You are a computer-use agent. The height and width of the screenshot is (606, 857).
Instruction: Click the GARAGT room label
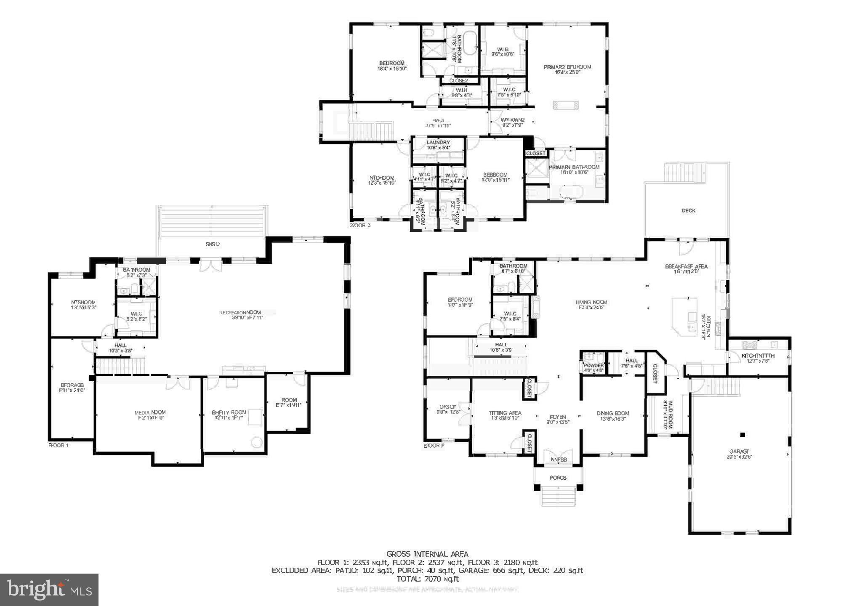click(739, 451)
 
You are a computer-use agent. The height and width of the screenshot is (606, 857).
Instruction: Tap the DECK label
click(689, 210)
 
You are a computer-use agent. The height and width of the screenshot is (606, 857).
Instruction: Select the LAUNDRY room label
click(438, 143)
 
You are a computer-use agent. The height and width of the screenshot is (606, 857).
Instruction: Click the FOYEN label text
click(558, 417)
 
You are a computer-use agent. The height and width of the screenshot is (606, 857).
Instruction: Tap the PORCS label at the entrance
click(558, 478)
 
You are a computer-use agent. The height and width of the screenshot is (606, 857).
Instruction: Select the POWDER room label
click(594, 365)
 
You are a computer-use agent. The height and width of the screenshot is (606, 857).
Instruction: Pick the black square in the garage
click(743, 435)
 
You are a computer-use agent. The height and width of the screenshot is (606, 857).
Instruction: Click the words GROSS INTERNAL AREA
click(427, 554)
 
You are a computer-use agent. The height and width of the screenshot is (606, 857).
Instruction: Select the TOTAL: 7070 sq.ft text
click(427, 579)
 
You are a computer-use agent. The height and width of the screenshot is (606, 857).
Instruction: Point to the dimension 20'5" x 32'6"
click(739, 457)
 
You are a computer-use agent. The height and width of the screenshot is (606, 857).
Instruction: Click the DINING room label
click(612, 413)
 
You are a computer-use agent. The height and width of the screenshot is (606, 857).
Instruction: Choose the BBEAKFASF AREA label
click(686, 266)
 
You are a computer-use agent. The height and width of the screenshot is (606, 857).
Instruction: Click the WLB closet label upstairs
click(503, 50)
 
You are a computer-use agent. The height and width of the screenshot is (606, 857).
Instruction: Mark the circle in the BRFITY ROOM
click(256, 442)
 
